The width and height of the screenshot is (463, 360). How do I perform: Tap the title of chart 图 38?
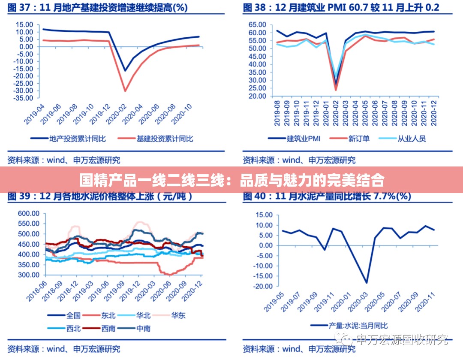click(x=341, y=8)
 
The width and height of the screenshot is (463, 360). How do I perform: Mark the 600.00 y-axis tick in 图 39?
click(x=29, y=213)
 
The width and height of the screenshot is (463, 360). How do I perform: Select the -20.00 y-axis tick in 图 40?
click(x=262, y=286)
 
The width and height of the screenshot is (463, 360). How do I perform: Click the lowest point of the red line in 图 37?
click(x=125, y=91)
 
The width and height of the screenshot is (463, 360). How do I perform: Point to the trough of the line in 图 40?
click(x=367, y=282)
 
